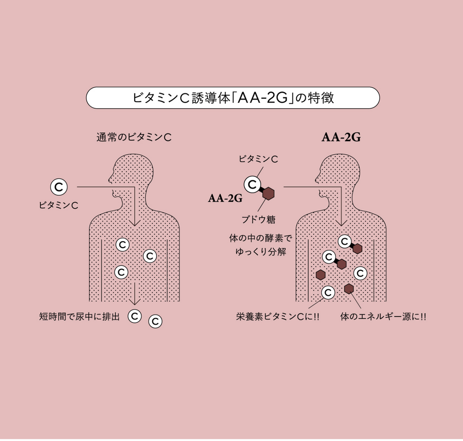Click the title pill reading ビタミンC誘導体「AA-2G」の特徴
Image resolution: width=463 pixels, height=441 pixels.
click(x=233, y=98)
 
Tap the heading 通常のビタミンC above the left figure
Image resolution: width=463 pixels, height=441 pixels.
click(x=134, y=138)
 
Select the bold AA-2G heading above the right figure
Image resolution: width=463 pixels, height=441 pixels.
click(x=341, y=138)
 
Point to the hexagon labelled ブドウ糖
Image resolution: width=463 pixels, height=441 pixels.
click(x=268, y=193)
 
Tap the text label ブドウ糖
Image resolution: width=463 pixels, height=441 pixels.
click(x=259, y=220)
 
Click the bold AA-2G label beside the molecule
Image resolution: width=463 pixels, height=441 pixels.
click(x=225, y=199)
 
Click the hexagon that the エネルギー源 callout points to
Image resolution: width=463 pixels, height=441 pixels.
click(x=349, y=289)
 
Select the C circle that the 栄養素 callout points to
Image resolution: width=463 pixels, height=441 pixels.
click(x=327, y=293)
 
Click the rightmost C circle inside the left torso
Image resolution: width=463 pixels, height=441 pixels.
click(x=150, y=256)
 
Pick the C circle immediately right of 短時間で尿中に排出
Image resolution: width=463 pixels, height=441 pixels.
click(x=135, y=316)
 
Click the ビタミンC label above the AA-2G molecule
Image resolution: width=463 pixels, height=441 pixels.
click(x=258, y=159)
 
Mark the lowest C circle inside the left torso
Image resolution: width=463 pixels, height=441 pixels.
click(x=121, y=272)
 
